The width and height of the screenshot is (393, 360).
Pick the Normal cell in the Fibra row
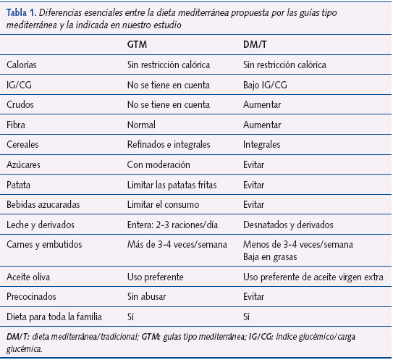140,124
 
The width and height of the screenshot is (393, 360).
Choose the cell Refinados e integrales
169,143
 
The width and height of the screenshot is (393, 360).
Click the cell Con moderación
158,164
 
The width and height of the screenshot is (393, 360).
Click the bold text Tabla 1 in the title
21,13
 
